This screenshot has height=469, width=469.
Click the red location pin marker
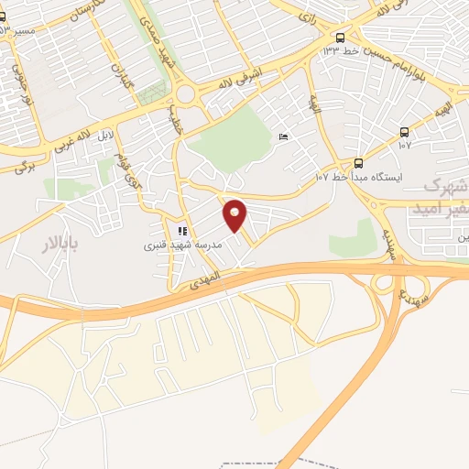click(235, 214)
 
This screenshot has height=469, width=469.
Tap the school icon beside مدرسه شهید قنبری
click(181, 230)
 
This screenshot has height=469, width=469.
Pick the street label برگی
click(19, 165)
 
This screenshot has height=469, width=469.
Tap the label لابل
click(106, 136)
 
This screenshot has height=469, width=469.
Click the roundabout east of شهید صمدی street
click(190, 93)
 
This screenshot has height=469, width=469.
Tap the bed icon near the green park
click(283, 136)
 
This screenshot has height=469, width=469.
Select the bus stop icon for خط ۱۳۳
click(341, 38)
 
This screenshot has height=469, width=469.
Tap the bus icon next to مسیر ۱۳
click(4, 17)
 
